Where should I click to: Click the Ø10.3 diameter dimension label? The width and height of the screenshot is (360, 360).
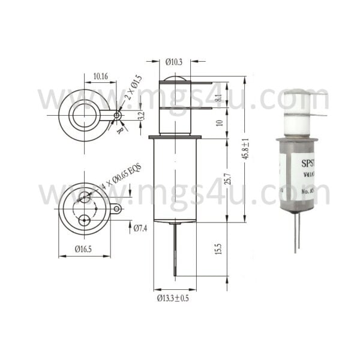click(174, 62)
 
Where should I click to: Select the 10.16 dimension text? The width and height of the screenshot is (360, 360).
click(100, 77)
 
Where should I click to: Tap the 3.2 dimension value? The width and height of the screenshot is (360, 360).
click(141, 115)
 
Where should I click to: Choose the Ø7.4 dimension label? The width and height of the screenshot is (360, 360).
click(140, 228)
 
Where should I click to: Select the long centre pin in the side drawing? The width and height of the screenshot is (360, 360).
click(175, 249)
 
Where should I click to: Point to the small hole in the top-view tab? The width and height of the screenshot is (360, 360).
click(118, 115)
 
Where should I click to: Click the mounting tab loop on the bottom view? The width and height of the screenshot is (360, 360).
click(116, 209)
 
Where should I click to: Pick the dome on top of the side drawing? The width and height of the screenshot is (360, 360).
click(174, 80)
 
